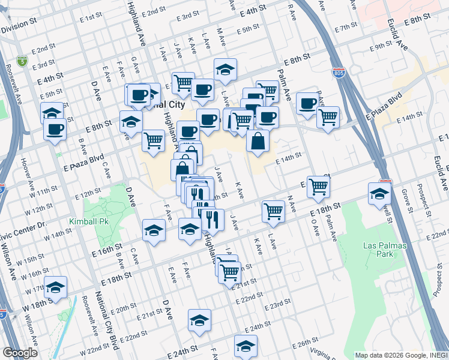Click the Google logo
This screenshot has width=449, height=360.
tap(20, 353)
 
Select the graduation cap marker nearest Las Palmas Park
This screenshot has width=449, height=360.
tap(380, 194)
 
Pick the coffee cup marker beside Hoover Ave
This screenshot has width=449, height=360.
tap(55, 128)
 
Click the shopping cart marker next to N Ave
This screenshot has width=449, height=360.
tap(318, 186)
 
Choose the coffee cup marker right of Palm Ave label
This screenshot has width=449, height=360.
tap(307, 103)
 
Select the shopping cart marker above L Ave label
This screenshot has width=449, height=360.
tap(273, 210)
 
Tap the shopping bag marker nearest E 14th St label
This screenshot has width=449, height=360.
tap(258, 142)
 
